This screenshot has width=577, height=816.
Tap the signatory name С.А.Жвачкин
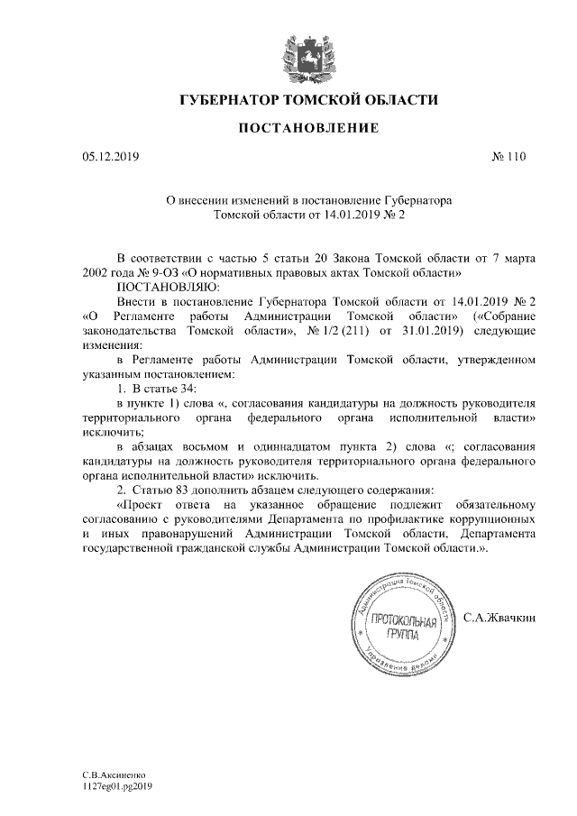click(499, 619)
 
